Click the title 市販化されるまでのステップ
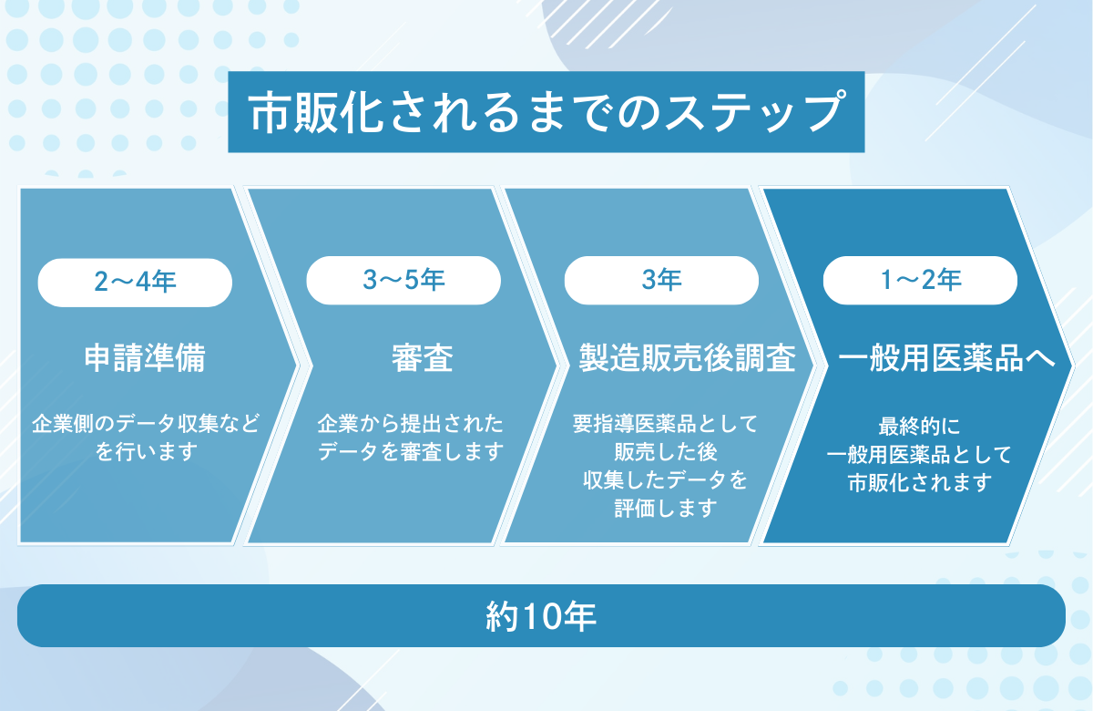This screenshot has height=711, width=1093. pyautogui.click(x=546, y=112)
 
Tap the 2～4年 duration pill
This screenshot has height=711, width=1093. pyautogui.click(x=135, y=283)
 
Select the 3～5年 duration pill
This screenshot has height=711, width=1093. pyautogui.click(x=403, y=281)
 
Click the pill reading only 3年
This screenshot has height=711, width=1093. pyautogui.click(x=661, y=281)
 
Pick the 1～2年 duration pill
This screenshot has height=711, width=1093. pyautogui.click(x=920, y=281)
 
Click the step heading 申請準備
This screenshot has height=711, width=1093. pyautogui.click(x=145, y=358)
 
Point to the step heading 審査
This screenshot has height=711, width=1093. pyautogui.click(x=423, y=358)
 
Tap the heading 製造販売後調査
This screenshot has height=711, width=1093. pyautogui.click(x=687, y=358)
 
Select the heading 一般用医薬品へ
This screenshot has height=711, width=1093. pyautogui.click(x=946, y=358)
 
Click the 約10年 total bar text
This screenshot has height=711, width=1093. pyautogui.click(x=541, y=616)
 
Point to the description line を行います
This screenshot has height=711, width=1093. pyautogui.click(x=147, y=452)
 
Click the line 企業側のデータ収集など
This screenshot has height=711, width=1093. pyautogui.click(x=146, y=423)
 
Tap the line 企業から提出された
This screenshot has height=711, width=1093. pyautogui.click(x=411, y=423)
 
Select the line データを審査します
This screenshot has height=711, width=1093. pyautogui.click(x=411, y=452)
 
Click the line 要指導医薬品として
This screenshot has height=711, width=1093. pyautogui.click(x=665, y=423)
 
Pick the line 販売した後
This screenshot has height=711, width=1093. pyautogui.click(x=666, y=452)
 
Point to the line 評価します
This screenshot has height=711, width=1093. pyautogui.click(x=666, y=509)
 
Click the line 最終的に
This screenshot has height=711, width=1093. pyautogui.click(x=919, y=427)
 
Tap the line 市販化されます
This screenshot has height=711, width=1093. pyautogui.click(x=920, y=483)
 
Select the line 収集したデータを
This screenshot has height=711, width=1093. pyautogui.click(x=665, y=480)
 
